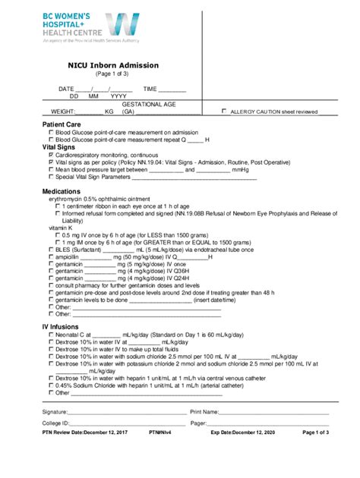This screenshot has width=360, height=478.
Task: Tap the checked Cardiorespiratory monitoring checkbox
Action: point(51,155)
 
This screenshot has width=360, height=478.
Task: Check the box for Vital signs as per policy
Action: point(51,162)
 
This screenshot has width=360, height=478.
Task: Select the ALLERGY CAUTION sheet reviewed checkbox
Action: point(223,111)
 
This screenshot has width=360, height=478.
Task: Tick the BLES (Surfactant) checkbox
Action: point(51,249)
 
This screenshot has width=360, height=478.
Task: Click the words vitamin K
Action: point(62,228)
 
